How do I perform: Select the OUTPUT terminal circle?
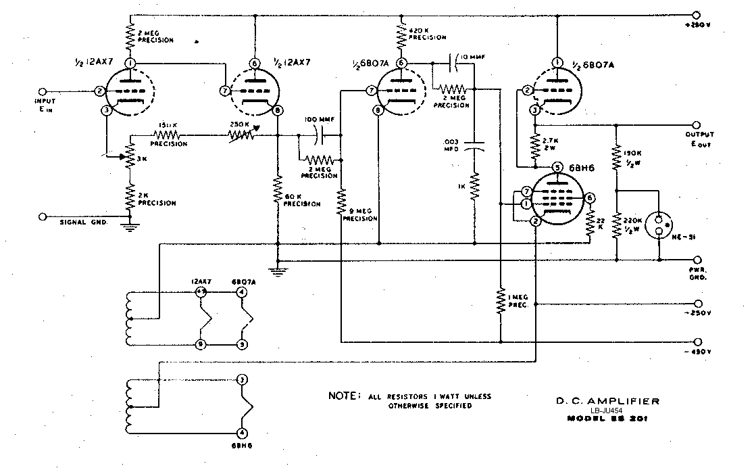pos(698,125)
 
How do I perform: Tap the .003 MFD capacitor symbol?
pos(475,145)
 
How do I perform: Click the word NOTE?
pos(343,396)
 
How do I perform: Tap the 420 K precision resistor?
pos(402,34)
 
